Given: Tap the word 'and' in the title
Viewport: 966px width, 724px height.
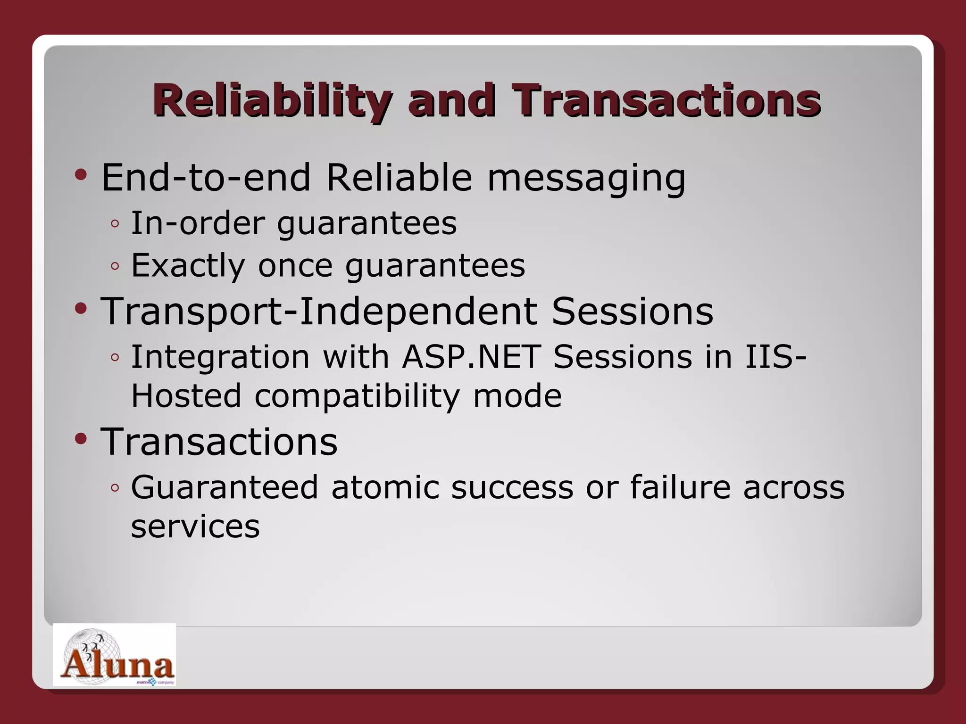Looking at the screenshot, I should (x=451, y=100).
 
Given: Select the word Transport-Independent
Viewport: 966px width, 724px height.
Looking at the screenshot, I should (x=319, y=312).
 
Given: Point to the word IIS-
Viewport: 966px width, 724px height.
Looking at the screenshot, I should (x=775, y=357).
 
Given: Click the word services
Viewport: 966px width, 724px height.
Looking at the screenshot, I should (x=195, y=527).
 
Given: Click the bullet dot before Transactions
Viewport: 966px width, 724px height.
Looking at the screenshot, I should (x=81, y=439).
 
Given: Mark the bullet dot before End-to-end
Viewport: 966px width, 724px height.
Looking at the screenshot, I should (x=81, y=175).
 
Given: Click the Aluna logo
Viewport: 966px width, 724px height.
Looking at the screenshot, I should (x=115, y=655).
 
